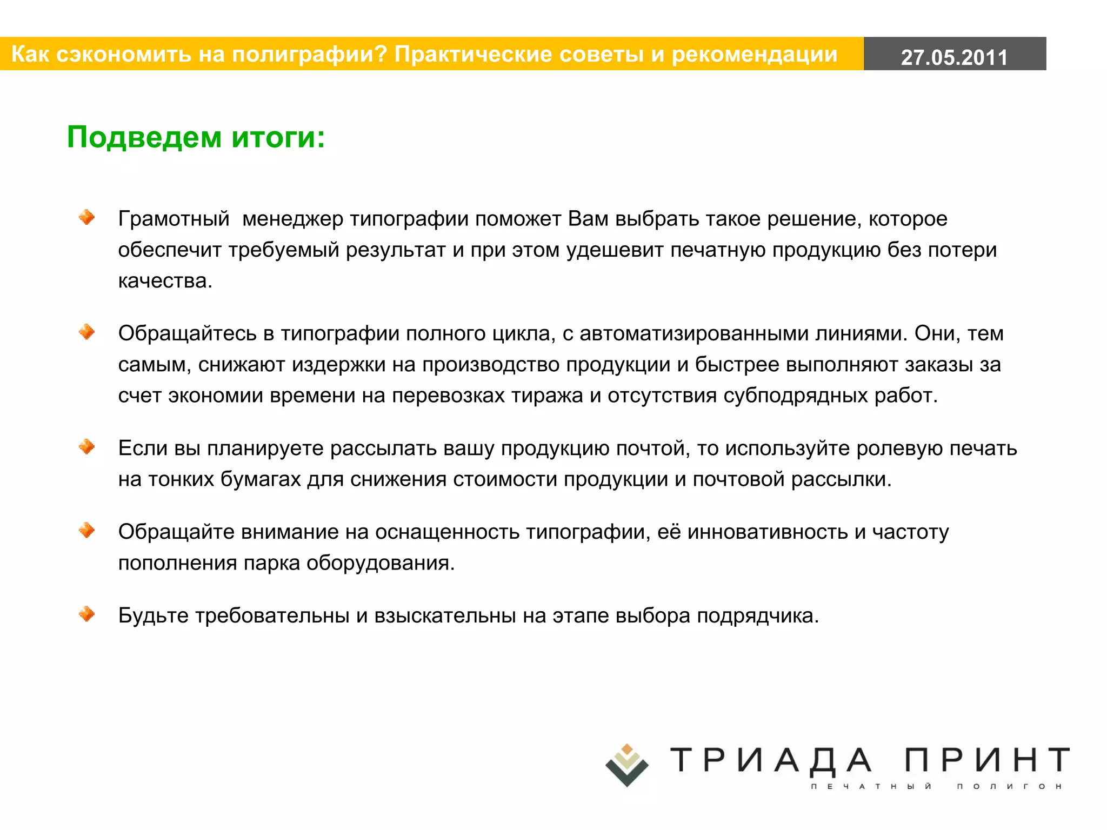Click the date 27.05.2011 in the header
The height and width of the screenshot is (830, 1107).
click(954, 57)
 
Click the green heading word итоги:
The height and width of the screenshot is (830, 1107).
click(278, 137)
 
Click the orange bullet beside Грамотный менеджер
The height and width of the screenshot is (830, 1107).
click(86, 217)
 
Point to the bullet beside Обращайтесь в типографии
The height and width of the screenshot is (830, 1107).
click(86, 332)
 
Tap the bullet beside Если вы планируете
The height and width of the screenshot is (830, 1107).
click(86, 447)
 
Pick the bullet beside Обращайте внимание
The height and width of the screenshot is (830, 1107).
click(86, 531)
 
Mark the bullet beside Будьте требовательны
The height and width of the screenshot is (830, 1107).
click(86, 614)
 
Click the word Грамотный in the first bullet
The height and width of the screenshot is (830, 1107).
click(174, 219)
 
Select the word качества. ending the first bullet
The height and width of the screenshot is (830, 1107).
click(165, 281)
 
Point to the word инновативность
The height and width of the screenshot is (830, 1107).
click(767, 532)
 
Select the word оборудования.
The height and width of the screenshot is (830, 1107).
click(381, 563)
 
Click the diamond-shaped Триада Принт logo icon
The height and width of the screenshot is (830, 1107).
click(626, 765)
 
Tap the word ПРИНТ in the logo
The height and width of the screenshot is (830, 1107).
click(987, 760)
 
